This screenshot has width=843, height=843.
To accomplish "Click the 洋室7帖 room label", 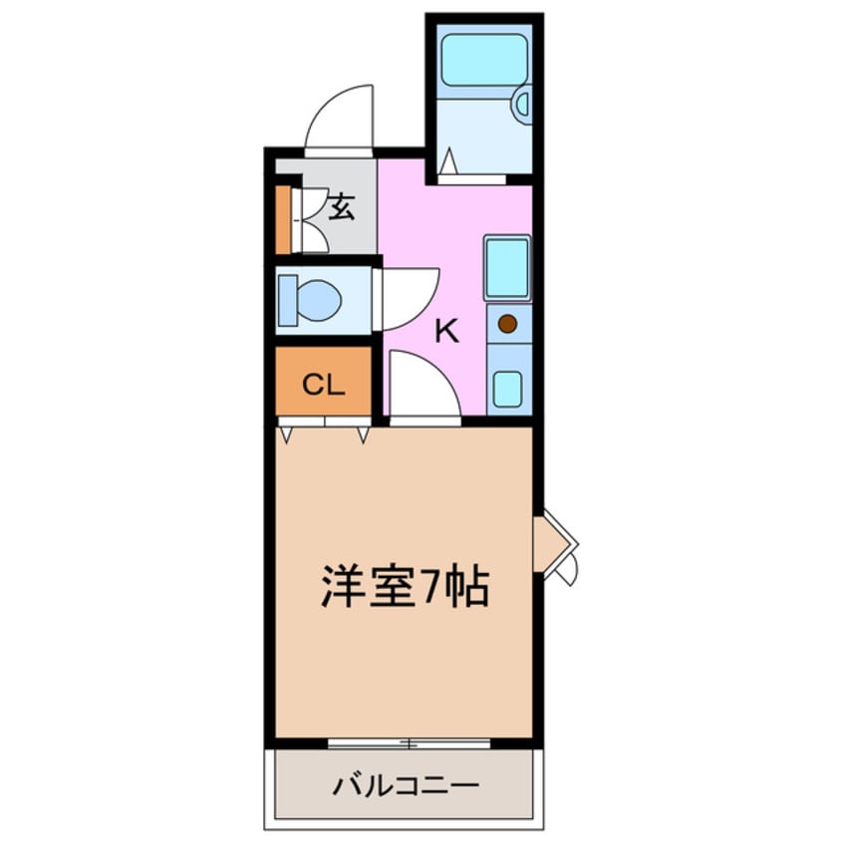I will pos(404,588).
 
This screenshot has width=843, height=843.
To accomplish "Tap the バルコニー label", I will pos(406,784).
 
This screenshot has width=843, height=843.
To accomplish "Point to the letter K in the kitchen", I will pos(447,332).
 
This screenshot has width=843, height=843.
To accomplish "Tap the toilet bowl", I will pos(318,299).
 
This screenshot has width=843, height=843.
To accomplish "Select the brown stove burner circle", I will pos(507,323).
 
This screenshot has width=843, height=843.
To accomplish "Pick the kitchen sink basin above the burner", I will pos(507,267).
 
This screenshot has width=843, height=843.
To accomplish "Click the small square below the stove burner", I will pos(507,388).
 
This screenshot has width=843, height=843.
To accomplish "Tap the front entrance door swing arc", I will pos(339,118).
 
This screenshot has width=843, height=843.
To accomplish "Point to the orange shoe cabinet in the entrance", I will pos(283,218).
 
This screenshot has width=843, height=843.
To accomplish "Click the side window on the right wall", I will pos(554,545).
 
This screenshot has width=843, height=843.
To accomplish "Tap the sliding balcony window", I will pos(409,743).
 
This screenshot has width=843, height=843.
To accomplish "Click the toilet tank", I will pos(285,299).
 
